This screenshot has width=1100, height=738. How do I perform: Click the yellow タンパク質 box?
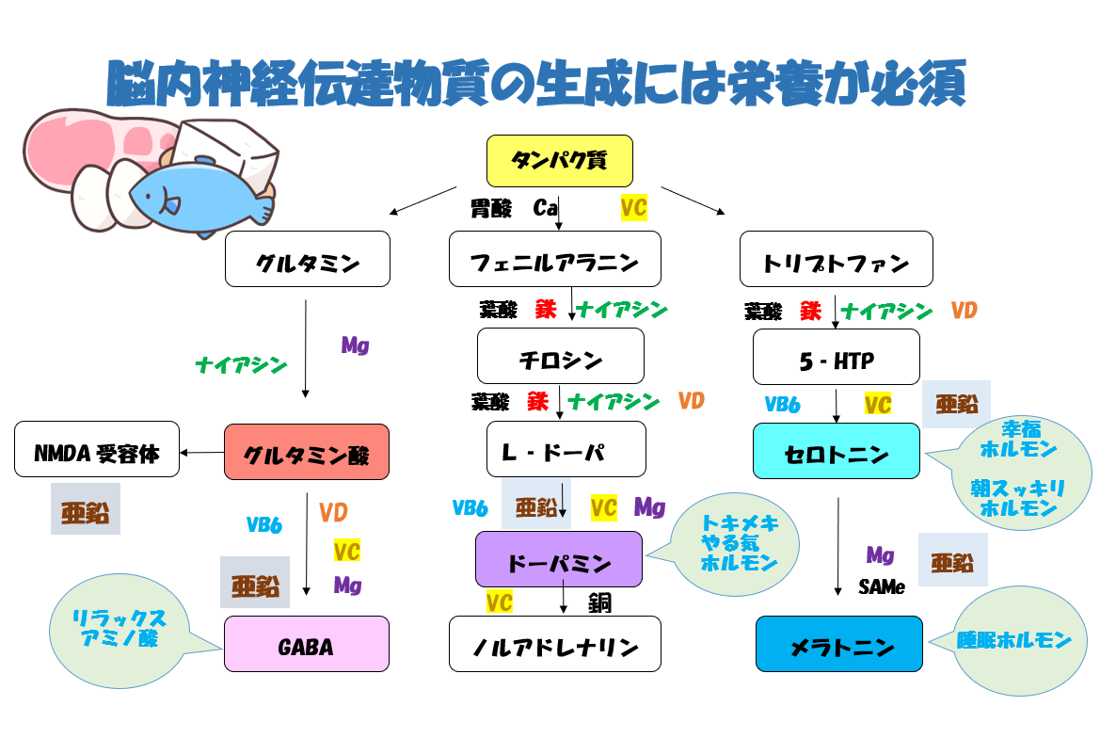click(559, 160)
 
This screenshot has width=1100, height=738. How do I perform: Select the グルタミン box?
click(307, 259)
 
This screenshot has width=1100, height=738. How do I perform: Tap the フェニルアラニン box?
click(554, 259)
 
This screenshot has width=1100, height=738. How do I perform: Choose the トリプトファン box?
click(836, 259)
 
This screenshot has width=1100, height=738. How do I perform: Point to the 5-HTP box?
click(836, 357)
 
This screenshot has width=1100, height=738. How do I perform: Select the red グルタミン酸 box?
click(307, 452)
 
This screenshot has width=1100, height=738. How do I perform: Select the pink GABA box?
click(306, 644)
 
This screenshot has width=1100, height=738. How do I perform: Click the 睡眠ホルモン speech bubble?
click(1013, 641)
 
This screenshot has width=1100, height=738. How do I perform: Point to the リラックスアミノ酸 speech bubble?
click(120, 627)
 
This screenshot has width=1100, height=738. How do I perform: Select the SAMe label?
click(881, 587)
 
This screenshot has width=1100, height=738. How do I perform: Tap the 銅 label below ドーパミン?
click(600, 602)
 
